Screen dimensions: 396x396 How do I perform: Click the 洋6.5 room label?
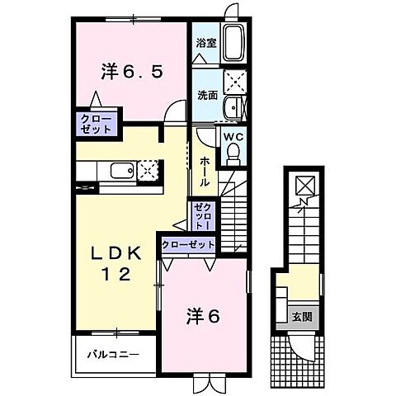pyautogui.click(x=132, y=72)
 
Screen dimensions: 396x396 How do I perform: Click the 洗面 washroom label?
pyautogui.click(x=206, y=95)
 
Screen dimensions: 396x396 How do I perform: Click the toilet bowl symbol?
pyautogui.click(x=233, y=153)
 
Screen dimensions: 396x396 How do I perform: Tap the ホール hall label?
pyautogui.click(x=204, y=171)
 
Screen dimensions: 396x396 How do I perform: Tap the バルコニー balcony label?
pyautogui.click(x=114, y=355)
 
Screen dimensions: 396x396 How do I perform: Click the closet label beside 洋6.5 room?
pyautogui.click(x=96, y=124)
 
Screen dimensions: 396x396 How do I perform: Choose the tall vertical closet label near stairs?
pyautogui.click(x=203, y=215)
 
